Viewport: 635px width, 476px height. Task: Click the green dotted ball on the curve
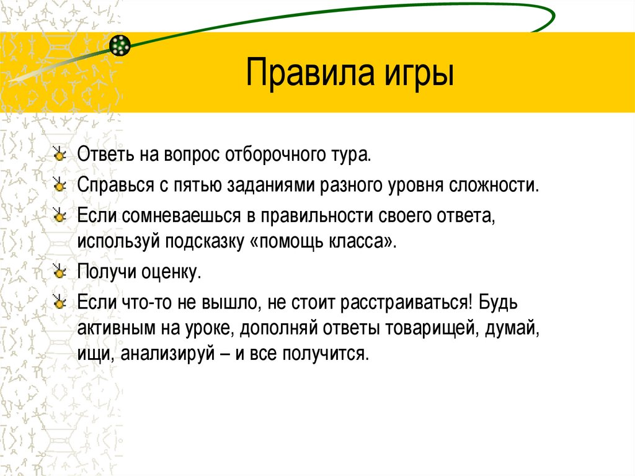(x=120, y=45)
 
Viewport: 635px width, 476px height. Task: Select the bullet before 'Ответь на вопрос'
(x=59, y=154)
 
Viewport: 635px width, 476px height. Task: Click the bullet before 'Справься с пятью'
(x=59, y=184)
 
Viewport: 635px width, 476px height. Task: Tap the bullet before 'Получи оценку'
(x=59, y=271)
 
